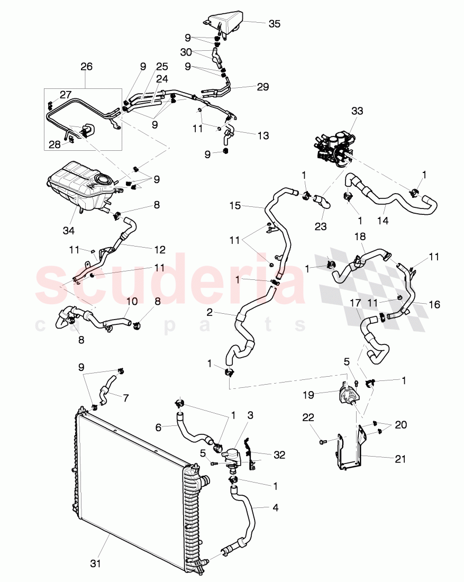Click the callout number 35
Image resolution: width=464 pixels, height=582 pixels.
(x=274, y=24)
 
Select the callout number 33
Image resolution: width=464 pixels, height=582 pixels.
(x=358, y=111)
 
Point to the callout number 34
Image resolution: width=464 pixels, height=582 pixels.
(x=69, y=230)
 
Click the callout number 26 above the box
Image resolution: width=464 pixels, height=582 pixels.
(x=86, y=67)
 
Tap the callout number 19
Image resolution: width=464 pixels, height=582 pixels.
(x=323, y=394)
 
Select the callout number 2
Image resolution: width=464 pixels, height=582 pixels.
(x=210, y=313)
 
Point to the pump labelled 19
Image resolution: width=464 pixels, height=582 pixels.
(x=347, y=396)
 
